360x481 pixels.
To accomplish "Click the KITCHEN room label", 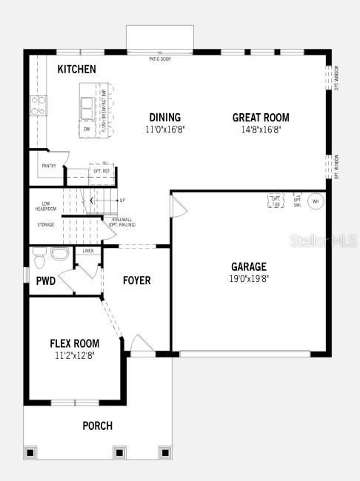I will (x=76, y=69).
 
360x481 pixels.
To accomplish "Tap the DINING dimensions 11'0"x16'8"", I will (x=164, y=129).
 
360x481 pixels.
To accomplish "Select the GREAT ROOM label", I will (x=261, y=117).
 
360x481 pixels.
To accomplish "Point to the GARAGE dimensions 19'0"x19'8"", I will (x=248, y=279).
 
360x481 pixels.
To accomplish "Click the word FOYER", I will (x=136, y=280).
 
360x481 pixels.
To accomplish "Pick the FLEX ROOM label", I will (x=74, y=343).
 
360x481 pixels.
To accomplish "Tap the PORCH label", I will (x=98, y=425).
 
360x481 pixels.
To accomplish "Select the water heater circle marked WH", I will (x=315, y=201).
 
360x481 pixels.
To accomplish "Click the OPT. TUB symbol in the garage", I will (x=276, y=201).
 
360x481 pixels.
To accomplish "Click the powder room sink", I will (x=60, y=255).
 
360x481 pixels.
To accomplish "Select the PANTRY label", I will (x=49, y=166).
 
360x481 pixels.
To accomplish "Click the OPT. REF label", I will (x=101, y=171).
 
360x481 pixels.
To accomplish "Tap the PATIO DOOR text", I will (x=159, y=58).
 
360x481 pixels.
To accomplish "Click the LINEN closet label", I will (x=88, y=252).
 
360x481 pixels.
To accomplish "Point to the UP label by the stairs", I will (x=122, y=200).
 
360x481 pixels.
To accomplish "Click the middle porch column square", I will (x=119, y=451).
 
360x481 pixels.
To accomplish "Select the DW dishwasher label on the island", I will (x=87, y=129).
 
